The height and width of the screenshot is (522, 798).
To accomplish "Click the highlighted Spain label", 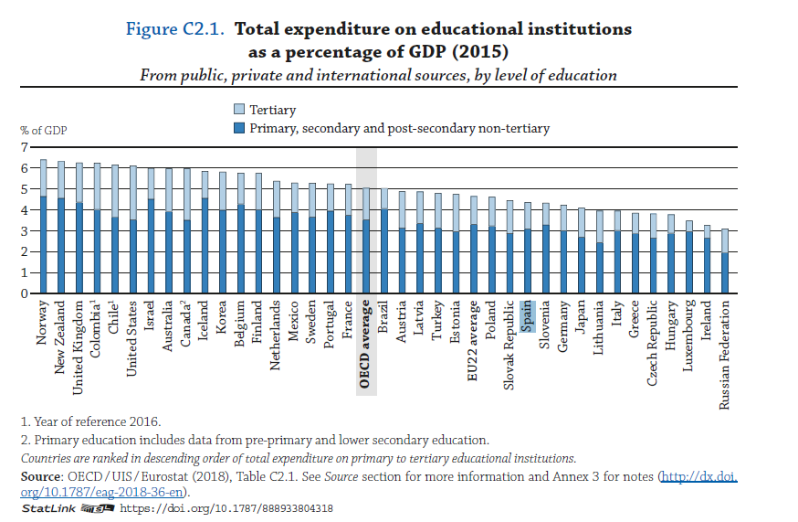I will [528, 316].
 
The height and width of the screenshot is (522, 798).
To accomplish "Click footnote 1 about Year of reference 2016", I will [90, 421].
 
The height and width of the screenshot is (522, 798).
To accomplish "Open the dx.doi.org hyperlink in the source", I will [697, 477].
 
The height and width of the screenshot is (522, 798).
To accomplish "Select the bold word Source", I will [40, 477].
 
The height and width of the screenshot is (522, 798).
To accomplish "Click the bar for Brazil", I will [383, 241].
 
